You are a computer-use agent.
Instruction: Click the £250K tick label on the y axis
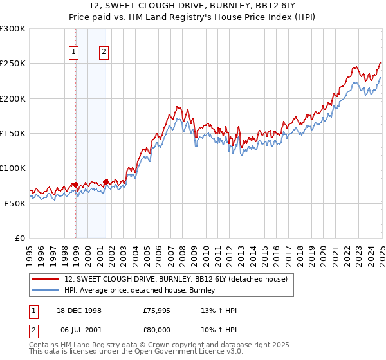click(13, 64)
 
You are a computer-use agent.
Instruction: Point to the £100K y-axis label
click(13, 168)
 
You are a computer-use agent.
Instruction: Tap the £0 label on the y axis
click(21, 238)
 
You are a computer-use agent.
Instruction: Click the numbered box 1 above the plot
click(74, 53)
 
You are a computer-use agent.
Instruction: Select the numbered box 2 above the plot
click(104, 53)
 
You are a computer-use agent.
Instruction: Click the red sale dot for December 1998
click(76, 185)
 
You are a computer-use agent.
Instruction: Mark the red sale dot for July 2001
click(106, 183)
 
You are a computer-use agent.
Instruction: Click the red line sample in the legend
click(46, 280)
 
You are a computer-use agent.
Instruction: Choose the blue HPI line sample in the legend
click(46, 291)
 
